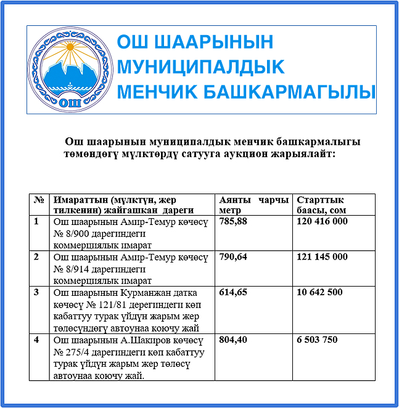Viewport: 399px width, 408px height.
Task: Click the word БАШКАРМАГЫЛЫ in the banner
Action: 289,92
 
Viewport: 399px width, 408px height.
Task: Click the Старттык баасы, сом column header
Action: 321,205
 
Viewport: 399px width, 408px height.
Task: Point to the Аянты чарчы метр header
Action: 253,205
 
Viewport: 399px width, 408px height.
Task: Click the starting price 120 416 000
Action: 322,221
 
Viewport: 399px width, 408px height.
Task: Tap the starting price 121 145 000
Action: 322,256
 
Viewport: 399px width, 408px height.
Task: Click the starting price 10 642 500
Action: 319,292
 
